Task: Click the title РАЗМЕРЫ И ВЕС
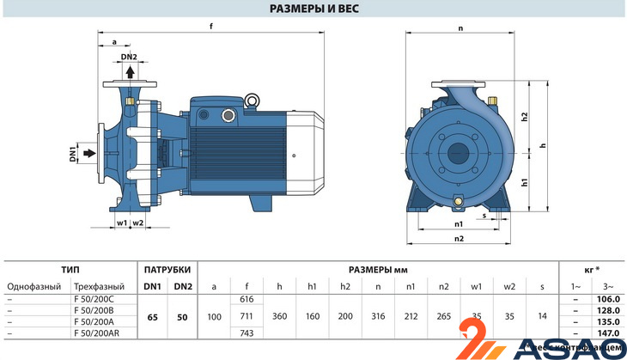point(313,9)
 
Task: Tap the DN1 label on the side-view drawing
point(74,155)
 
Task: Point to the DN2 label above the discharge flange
point(129,58)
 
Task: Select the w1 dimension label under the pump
point(122,223)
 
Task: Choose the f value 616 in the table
point(247,298)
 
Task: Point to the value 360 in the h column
point(279,317)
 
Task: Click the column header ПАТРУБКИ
point(167,269)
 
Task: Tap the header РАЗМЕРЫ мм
point(378,269)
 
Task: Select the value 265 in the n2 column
point(444,317)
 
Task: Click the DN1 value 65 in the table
point(152,317)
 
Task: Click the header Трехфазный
point(100,286)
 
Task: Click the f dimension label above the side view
point(211,26)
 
